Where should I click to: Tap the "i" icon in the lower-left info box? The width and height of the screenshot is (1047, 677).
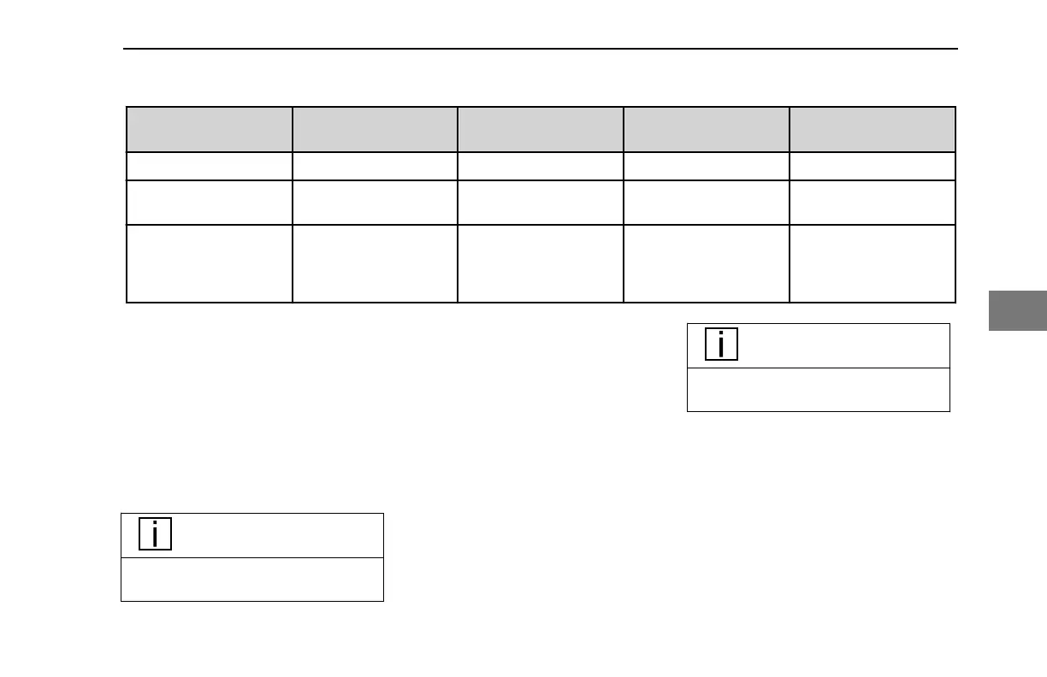click(155, 535)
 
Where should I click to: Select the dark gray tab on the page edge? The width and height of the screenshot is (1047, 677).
click(1018, 310)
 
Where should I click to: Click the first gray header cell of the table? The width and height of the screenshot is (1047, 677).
click(210, 130)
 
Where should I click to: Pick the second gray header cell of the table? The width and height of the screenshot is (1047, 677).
click(375, 130)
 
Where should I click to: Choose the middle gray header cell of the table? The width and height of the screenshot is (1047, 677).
click(541, 130)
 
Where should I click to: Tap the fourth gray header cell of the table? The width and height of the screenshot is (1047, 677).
click(707, 130)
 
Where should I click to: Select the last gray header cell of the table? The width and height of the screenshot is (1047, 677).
click(872, 130)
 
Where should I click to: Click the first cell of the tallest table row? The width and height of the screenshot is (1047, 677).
click(210, 263)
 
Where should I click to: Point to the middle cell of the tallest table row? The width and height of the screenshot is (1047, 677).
click(541, 263)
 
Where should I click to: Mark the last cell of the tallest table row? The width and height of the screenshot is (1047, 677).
click(872, 263)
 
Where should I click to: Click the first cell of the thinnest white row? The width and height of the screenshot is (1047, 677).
click(210, 166)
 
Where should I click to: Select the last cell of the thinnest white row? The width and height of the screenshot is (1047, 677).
click(872, 166)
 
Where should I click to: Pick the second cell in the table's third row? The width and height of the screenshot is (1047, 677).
click(375, 202)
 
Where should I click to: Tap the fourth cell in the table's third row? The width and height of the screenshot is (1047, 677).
click(707, 202)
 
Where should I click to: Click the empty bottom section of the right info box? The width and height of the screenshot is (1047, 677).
click(819, 390)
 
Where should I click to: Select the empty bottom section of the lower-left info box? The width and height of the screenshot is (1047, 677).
click(252, 580)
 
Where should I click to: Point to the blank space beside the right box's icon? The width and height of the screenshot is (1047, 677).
click(843, 345)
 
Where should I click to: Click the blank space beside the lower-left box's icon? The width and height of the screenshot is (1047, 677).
click(274, 535)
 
